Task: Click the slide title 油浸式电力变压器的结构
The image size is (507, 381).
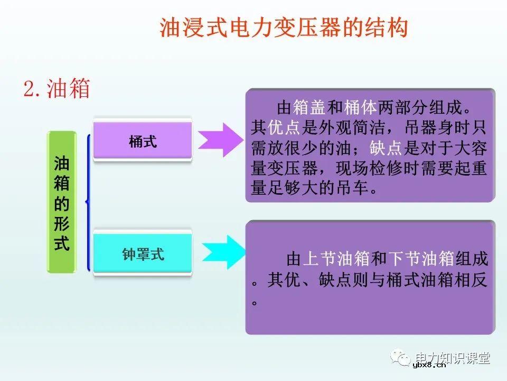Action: click(x=284, y=28)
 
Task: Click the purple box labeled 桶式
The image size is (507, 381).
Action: click(x=143, y=141)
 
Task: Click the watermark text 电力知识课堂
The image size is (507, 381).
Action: click(x=453, y=358)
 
